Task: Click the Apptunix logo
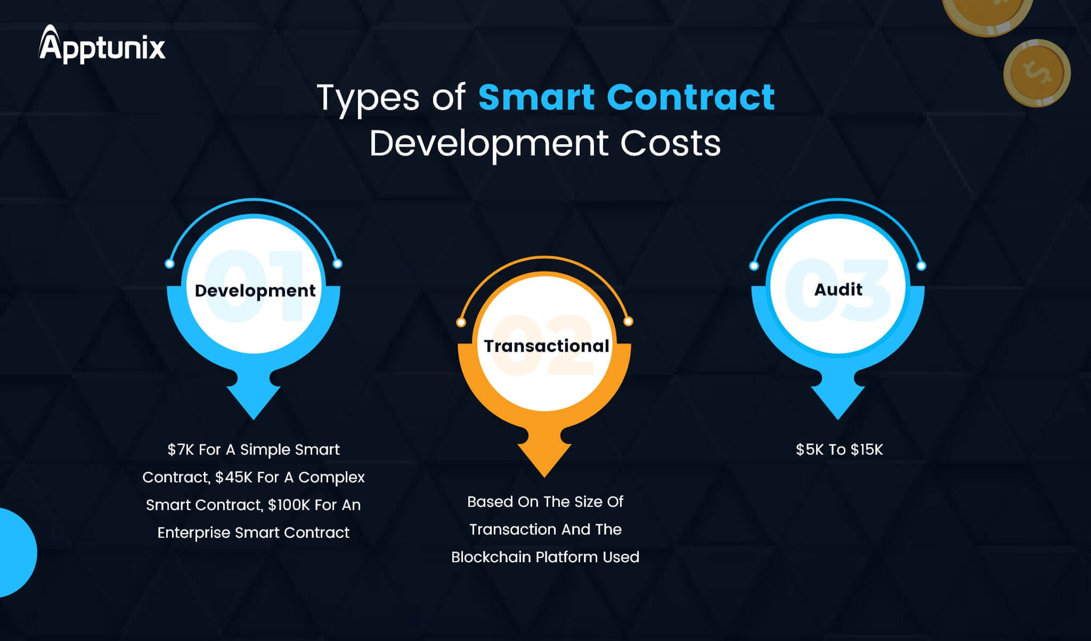pyautogui.click(x=102, y=46)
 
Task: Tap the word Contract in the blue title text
pyautogui.click(x=690, y=97)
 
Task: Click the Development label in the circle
pyautogui.click(x=255, y=291)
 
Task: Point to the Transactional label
pyautogui.click(x=546, y=346)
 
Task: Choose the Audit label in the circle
pyautogui.click(x=838, y=290)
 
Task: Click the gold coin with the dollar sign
pyautogui.click(x=1037, y=73)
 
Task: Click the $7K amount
pyautogui.click(x=181, y=450)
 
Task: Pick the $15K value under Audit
pyautogui.click(x=867, y=450)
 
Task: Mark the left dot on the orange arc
pyautogui.click(x=461, y=322)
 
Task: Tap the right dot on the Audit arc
pyautogui.click(x=922, y=266)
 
